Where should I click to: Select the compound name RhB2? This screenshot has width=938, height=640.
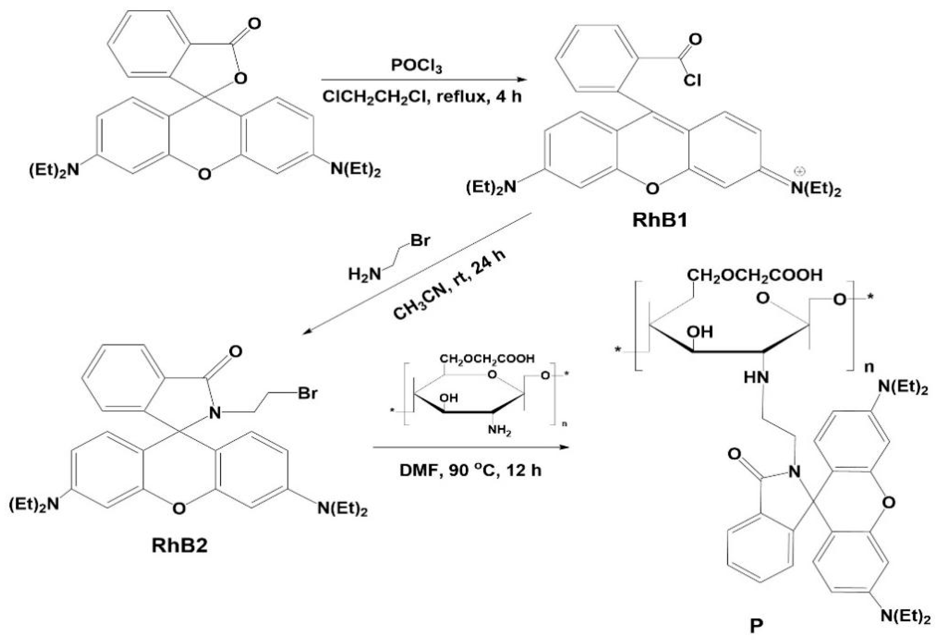tap(180, 546)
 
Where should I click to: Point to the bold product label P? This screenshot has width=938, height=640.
tap(756, 626)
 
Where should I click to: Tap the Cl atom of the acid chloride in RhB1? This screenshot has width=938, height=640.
tap(692, 80)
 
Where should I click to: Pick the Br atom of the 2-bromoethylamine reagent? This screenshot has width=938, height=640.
tap(420, 241)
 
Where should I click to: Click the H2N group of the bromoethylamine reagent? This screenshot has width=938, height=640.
tap(364, 275)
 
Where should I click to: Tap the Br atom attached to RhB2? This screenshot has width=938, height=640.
tap(308, 393)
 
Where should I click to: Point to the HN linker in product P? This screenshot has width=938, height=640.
tap(756, 378)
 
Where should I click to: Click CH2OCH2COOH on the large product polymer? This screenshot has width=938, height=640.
tap(754, 275)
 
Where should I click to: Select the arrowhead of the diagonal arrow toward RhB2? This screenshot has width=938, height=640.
tap(308, 332)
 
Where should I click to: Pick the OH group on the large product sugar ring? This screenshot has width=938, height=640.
tap(700, 332)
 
